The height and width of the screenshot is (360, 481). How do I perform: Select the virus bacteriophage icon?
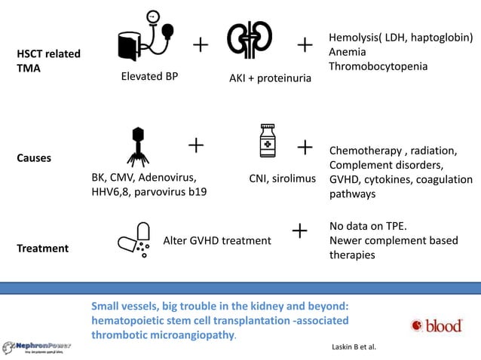137,146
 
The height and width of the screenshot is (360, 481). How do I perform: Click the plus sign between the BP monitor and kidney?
201,46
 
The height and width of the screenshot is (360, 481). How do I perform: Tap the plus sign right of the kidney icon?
305,46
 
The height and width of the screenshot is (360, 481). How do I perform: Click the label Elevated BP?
149,75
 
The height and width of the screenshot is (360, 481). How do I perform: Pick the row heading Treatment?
42,248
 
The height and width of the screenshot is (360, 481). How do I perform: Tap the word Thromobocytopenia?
378,66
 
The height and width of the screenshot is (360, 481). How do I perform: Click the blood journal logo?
437,325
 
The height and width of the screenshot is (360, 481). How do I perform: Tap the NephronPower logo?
37,346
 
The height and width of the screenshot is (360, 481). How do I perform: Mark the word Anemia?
348,52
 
